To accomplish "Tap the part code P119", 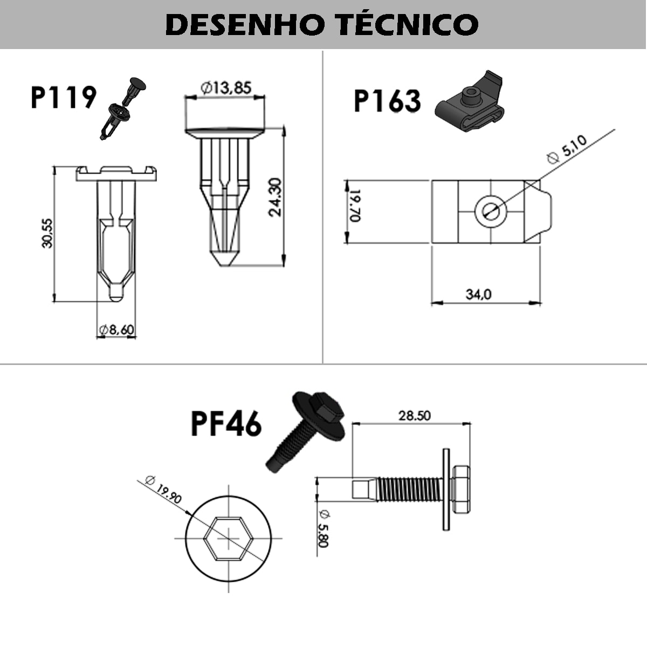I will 63,98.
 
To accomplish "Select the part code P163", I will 387,101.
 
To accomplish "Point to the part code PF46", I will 226,424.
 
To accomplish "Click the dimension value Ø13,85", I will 226,87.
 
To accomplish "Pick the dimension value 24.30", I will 276,197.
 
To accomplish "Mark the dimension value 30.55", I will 47,233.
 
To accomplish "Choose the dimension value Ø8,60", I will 116,330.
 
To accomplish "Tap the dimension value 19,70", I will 354,205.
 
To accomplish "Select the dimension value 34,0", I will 479,294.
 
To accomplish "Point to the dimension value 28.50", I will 415,416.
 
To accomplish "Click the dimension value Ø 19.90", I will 164,490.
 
